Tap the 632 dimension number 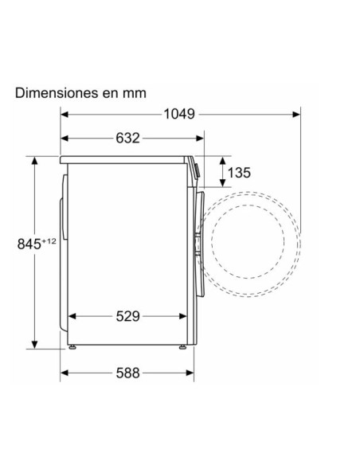pyautogui.click(x=127, y=138)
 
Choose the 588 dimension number pyautogui.click(x=127, y=372)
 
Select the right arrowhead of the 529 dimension pyautogui.click(x=187, y=316)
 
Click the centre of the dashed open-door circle pyautogui.click(x=248, y=236)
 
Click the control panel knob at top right pyautogui.click(x=196, y=168)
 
